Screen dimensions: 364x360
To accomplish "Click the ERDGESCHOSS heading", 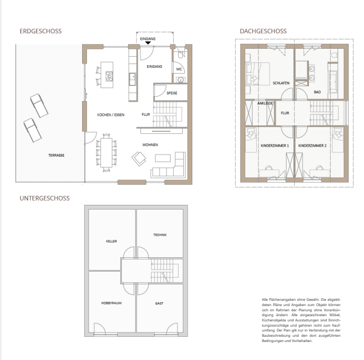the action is (41, 31).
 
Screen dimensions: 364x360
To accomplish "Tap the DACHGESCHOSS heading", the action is (263, 31).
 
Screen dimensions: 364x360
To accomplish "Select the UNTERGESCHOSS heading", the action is (45, 199).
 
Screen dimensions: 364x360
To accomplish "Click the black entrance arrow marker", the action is (148, 42).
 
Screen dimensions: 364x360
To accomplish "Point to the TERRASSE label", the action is (56, 156).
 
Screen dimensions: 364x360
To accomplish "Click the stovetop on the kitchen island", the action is (109, 76).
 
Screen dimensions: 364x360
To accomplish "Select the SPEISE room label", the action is (172, 93).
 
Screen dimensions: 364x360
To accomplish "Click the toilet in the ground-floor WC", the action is (181, 55).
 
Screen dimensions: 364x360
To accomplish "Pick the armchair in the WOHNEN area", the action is (139, 159).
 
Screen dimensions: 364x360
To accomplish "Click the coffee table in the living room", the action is (163, 158).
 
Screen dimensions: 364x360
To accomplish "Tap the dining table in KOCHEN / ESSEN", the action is (106, 152).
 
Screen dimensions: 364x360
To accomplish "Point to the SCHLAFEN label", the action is (281, 83).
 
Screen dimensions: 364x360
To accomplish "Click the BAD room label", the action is (317, 92).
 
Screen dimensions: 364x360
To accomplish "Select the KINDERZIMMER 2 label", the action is (313, 146).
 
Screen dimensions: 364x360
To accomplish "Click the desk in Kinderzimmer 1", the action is (269, 173).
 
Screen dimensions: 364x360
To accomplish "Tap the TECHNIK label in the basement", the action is (160, 235).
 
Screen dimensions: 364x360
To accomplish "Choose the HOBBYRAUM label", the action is (111, 303).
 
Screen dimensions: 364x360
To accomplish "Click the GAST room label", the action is (159, 303).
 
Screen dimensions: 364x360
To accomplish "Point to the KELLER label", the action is (111, 241).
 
